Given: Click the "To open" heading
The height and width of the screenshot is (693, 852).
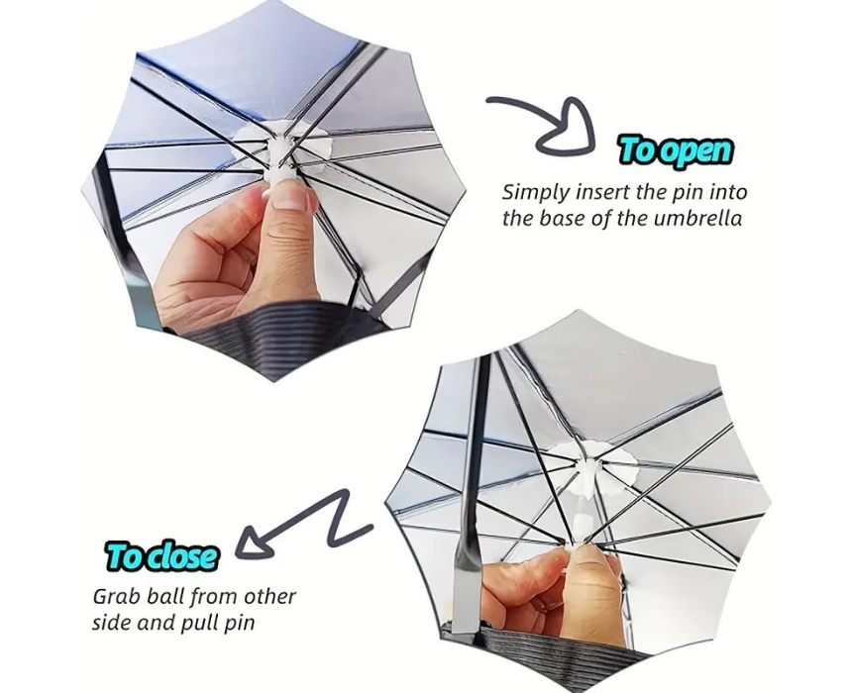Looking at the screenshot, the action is click(x=677, y=149).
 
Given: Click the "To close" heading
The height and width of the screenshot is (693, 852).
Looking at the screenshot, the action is click(x=161, y=555).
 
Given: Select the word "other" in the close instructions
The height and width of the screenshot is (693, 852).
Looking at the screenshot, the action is click(x=269, y=596).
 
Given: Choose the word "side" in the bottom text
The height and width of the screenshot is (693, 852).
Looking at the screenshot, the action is click(x=111, y=623).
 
